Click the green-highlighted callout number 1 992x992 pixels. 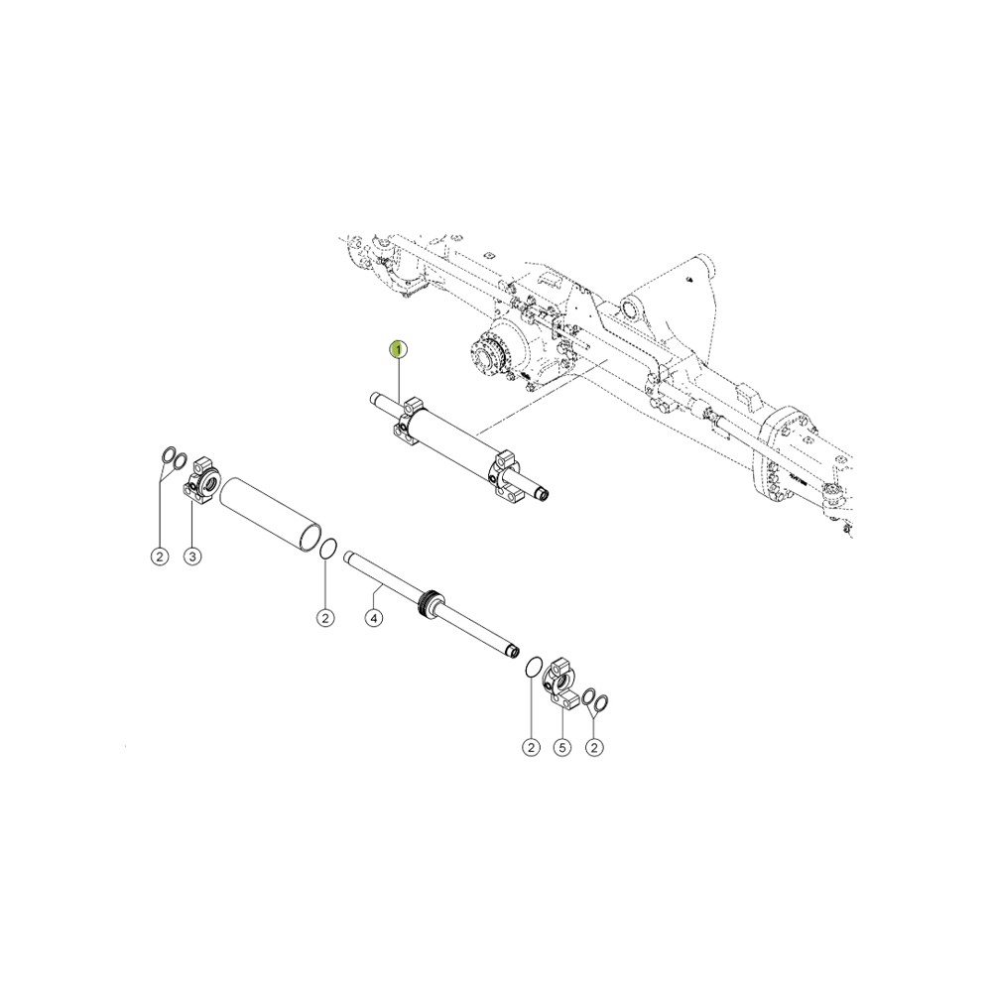tap(399, 349)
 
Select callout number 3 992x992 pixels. tap(192, 557)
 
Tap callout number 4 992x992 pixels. tap(374, 618)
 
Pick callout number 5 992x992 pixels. tap(561, 747)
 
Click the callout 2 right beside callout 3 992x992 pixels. tap(160, 557)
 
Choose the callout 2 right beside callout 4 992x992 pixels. tap(325, 618)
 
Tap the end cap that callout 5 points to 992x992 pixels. tap(559, 683)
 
